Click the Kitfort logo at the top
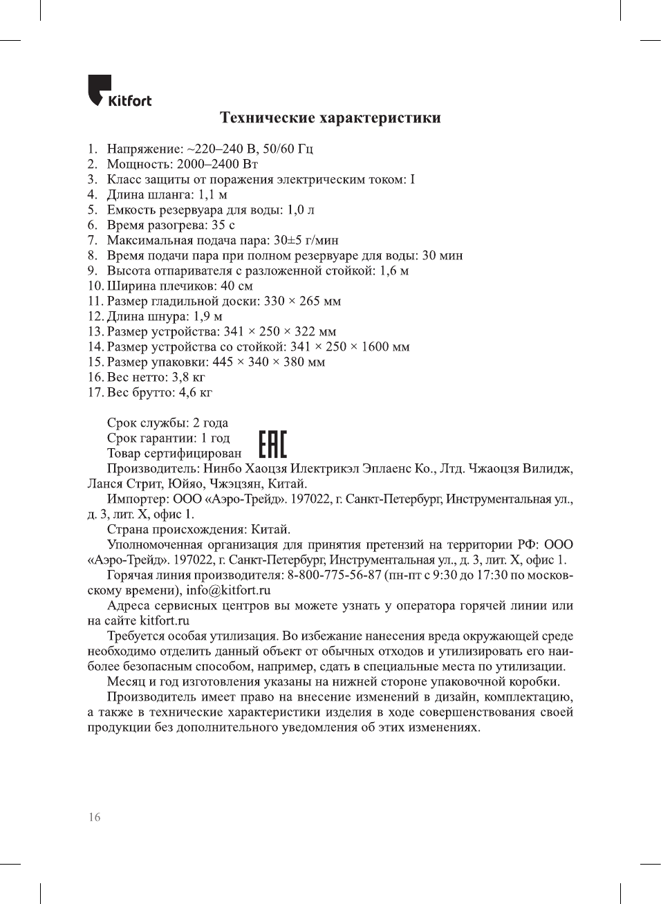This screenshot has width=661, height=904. (x=119, y=92)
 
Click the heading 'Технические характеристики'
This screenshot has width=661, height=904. (x=330, y=118)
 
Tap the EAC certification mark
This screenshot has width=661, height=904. (x=272, y=444)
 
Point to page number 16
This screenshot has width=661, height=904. (x=94, y=817)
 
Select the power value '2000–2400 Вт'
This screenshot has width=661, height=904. (x=217, y=164)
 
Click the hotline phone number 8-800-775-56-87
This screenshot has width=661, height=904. (x=334, y=575)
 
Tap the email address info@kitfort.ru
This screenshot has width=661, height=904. (x=228, y=590)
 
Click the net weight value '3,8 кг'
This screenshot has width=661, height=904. (x=188, y=377)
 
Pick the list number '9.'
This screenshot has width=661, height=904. (x=93, y=270)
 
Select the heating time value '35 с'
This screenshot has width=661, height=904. (x=223, y=225)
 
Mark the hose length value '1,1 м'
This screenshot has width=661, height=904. (x=212, y=194)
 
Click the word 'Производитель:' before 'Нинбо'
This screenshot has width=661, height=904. (x=153, y=468)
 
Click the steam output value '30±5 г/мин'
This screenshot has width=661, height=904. (x=306, y=240)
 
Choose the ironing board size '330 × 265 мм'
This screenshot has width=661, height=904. (x=302, y=301)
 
